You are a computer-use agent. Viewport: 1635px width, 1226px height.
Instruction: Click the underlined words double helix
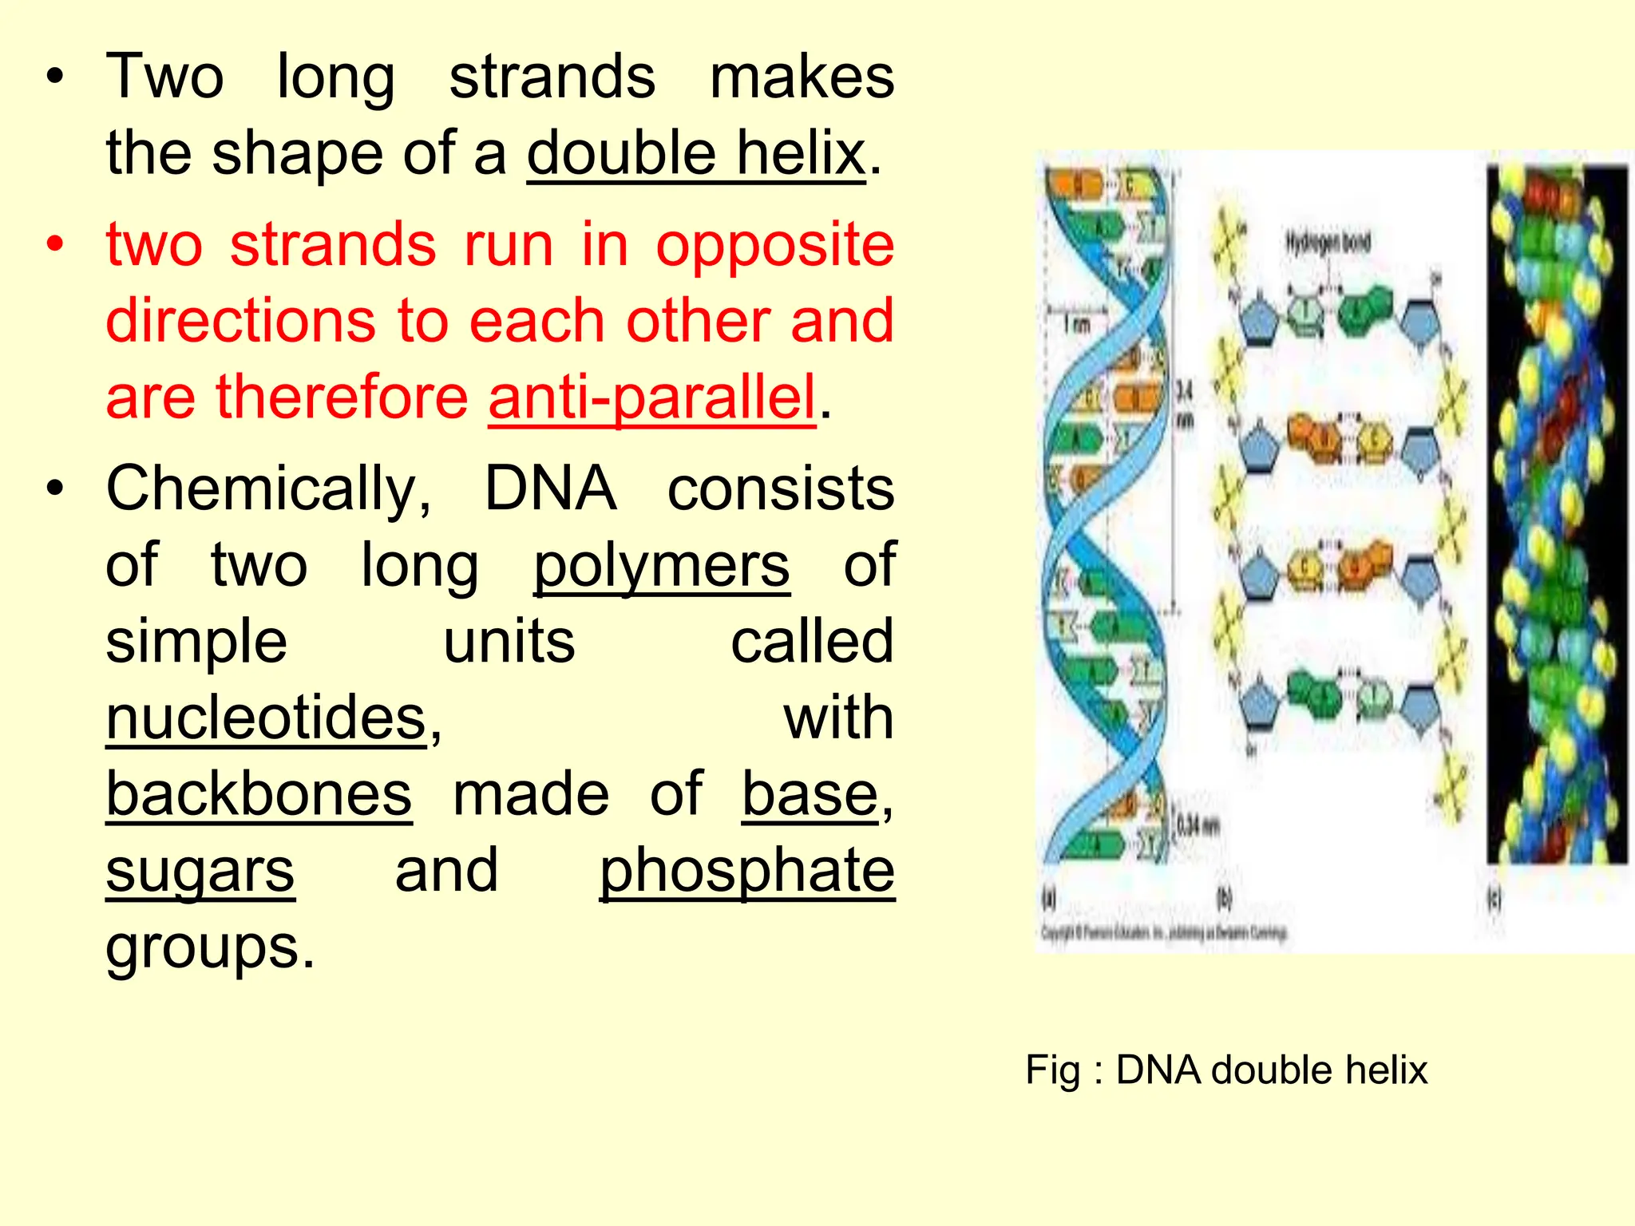695,153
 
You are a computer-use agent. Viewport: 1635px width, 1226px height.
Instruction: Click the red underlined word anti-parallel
651,397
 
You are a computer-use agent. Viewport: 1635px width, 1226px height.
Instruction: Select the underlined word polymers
661,565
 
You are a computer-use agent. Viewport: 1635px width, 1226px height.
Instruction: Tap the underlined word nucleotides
267,718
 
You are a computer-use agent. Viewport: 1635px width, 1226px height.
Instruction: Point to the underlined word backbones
259,794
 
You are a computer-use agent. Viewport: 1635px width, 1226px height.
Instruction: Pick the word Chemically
268,488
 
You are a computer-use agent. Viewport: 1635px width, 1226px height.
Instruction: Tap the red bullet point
54,244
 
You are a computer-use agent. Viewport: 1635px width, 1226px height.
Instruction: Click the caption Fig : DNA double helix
1225,1070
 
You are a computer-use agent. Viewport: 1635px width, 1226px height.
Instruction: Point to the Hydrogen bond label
1327,242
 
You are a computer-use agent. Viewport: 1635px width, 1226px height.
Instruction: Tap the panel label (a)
1050,899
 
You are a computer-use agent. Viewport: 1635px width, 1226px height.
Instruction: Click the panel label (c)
1493,899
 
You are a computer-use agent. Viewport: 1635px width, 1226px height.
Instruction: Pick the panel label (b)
1224,899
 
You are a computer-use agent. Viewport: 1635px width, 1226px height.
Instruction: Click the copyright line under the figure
1163,932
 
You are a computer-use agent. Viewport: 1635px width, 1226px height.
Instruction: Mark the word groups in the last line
209,947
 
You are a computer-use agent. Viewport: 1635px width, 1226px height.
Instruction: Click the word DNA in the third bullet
550,488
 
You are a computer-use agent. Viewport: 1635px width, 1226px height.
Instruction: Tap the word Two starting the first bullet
164,77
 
